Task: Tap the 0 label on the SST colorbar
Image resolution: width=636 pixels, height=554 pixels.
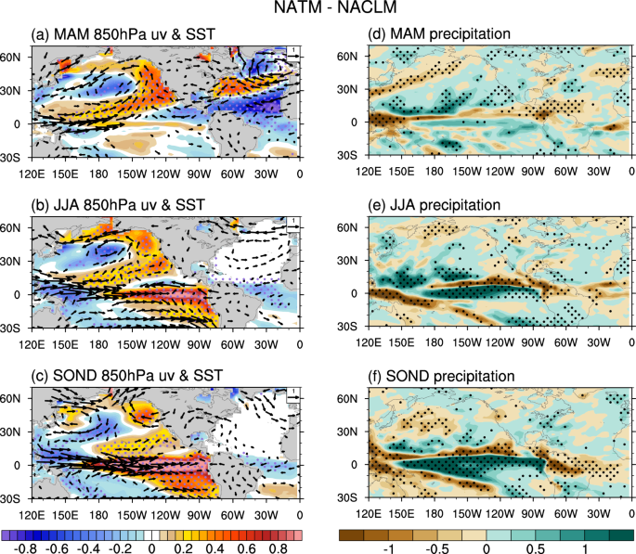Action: tap(153, 548)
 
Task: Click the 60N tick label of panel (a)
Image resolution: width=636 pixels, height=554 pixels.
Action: tap(13, 57)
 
